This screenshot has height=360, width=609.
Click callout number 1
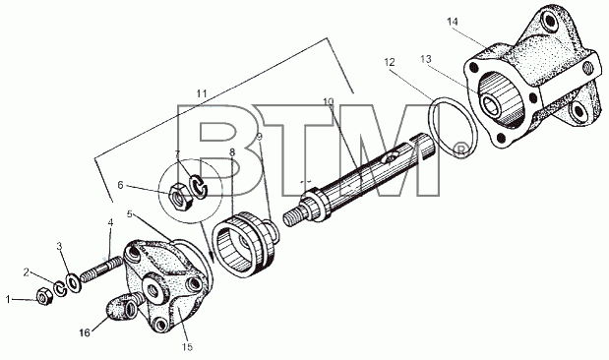[x=8, y=300]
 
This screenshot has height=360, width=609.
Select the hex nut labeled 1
[x=44, y=297]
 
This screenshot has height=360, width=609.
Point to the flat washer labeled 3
[x=73, y=282]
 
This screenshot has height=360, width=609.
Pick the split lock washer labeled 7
[x=199, y=187]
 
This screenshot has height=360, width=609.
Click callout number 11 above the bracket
[x=202, y=93]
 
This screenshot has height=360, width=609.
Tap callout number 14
[x=453, y=22]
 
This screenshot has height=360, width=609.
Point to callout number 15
[x=187, y=347]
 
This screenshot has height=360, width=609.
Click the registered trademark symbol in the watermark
[x=460, y=150]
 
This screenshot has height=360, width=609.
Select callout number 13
[x=426, y=59]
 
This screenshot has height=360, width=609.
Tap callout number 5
[x=130, y=214]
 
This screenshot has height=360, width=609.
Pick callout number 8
[x=232, y=152]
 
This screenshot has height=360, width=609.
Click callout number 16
[x=85, y=332]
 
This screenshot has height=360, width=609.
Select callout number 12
[x=390, y=62]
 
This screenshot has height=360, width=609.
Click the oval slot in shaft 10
[x=389, y=158]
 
